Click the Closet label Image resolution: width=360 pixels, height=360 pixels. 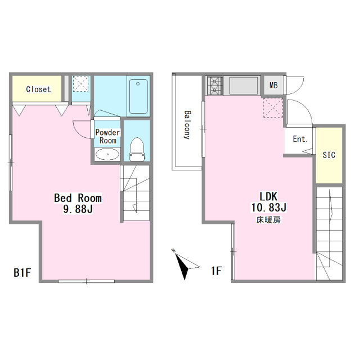[x=38, y=89]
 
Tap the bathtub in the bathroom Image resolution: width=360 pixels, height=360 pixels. [x=138, y=96]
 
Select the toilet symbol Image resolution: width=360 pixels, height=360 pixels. [x=137, y=149]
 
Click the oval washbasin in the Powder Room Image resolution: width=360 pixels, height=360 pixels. [x=107, y=154]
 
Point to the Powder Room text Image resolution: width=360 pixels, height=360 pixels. [x=107, y=136]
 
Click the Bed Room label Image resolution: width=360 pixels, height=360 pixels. [x=78, y=198]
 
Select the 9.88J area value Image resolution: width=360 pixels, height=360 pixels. [x=78, y=209]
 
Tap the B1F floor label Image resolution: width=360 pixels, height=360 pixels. [x=22, y=272]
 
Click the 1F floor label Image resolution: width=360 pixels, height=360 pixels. [x=216, y=271]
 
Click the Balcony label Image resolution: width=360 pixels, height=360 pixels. [x=187, y=125]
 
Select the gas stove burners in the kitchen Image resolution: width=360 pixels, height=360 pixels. [x=215, y=85]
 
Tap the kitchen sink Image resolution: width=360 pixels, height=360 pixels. [x=244, y=85]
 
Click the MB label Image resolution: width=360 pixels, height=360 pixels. [x=273, y=85]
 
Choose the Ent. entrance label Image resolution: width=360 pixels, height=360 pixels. [x=300, y=139]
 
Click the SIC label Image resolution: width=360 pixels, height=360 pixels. [x=328, y=155]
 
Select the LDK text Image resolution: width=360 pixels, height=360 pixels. [x=268, y=196]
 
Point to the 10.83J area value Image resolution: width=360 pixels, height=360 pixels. [x=268, y=208]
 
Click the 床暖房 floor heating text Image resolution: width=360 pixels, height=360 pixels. [x=268, y=220]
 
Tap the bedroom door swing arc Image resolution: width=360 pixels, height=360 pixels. [x=78, y=133]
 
